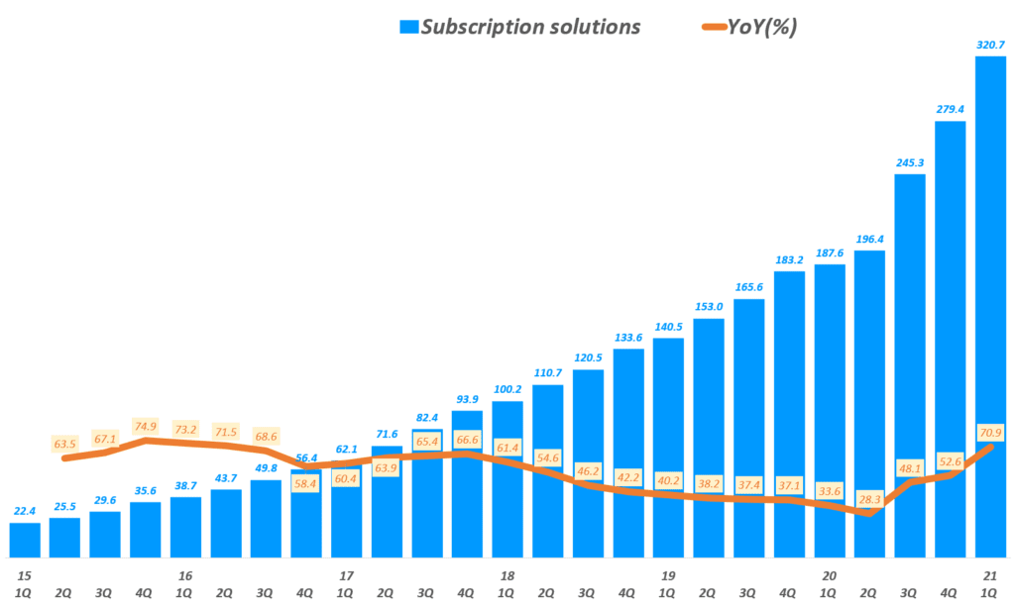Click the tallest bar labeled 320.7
[991, 307]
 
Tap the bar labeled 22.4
[25, 541]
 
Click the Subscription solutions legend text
[530, 27]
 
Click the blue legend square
[408, 28]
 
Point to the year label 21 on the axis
[990, 575]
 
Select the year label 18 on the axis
[507, 575]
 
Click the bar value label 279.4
[950, 109]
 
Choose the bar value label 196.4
[869, 239]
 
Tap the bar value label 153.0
[708, 306]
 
